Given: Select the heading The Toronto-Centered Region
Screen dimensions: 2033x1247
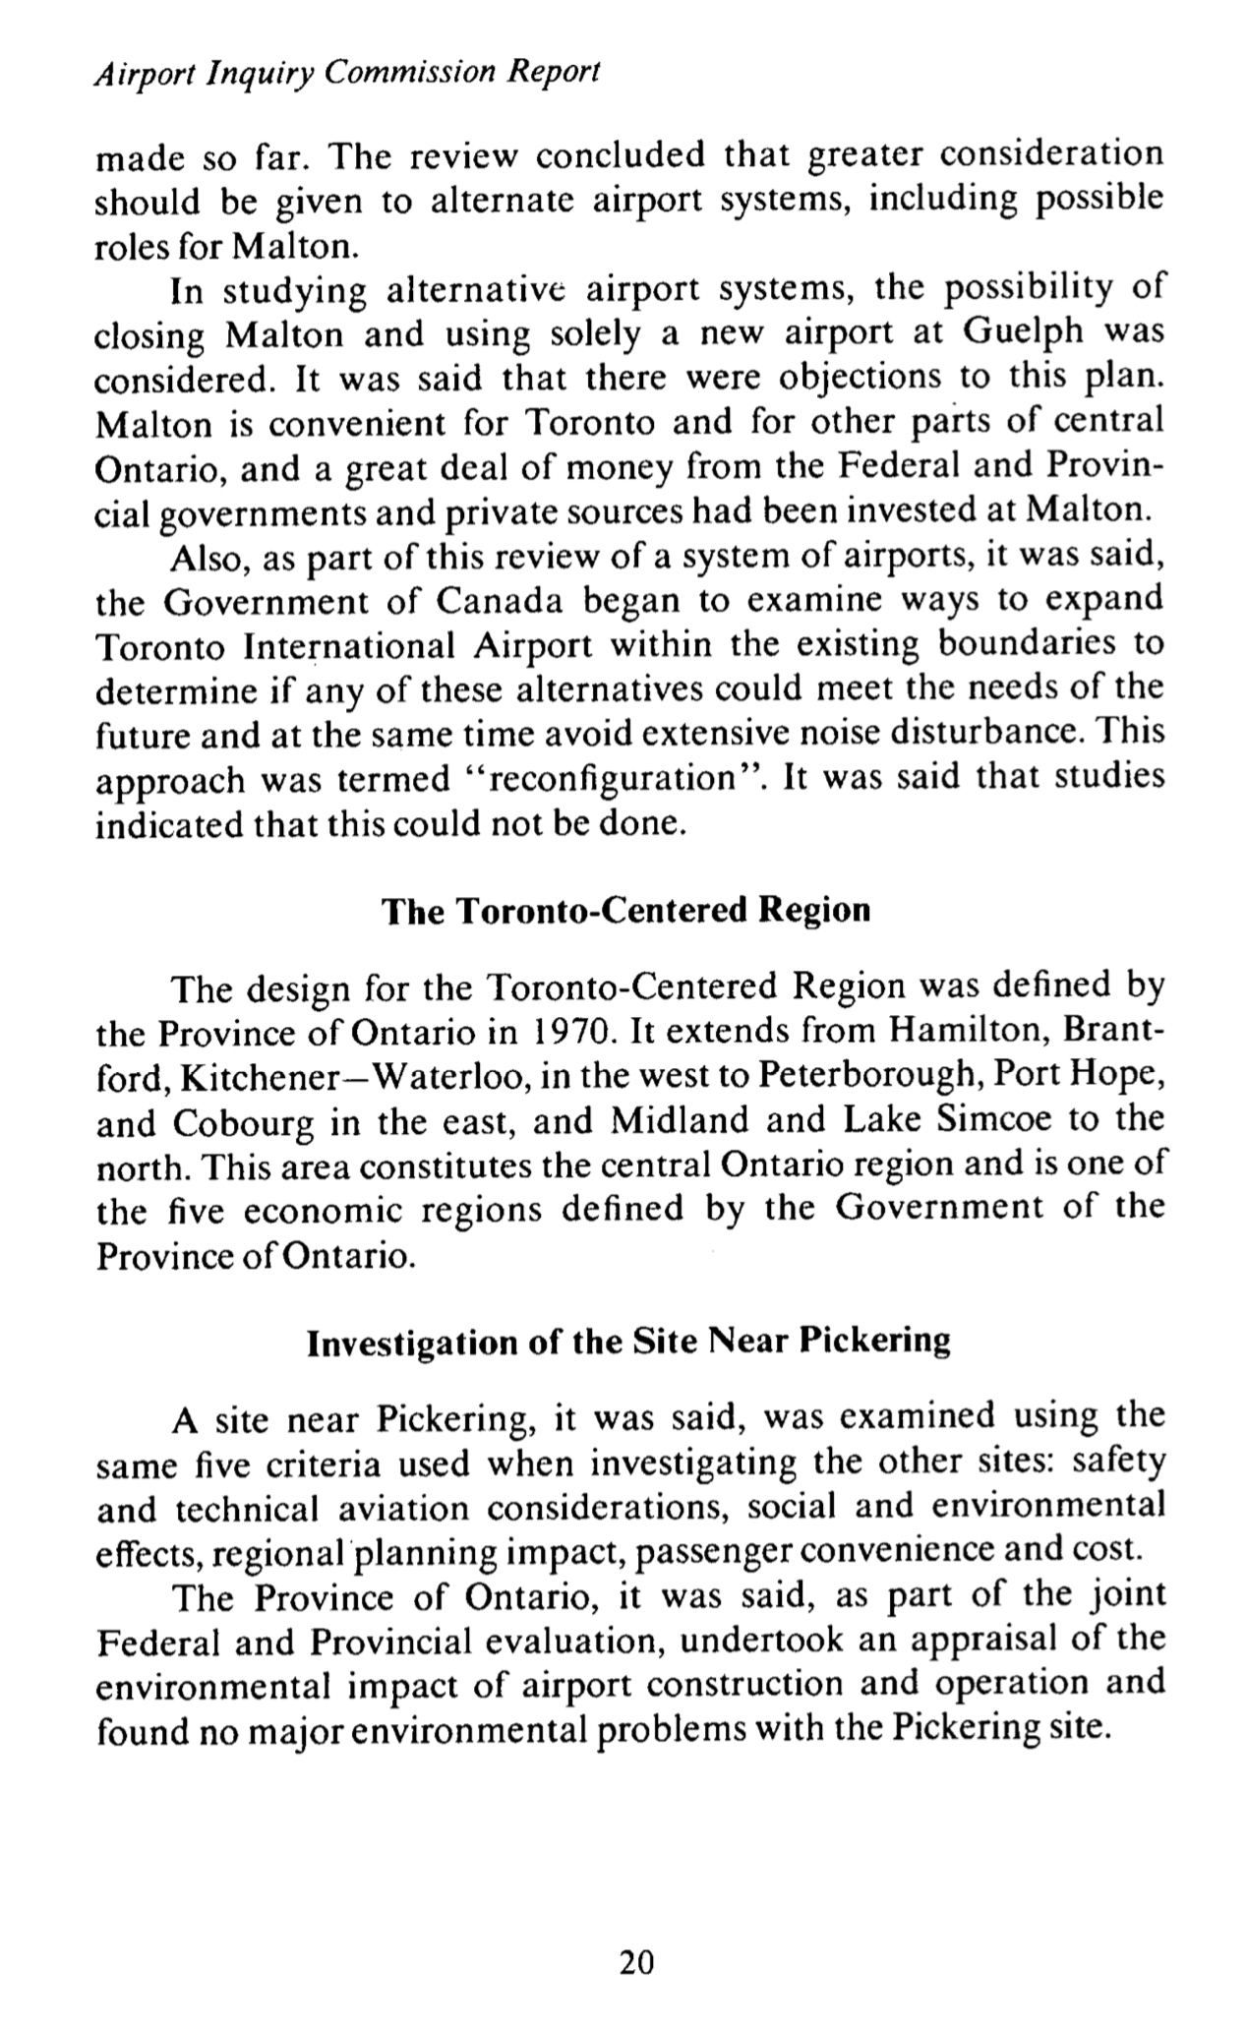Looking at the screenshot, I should (x=626, y=910).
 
